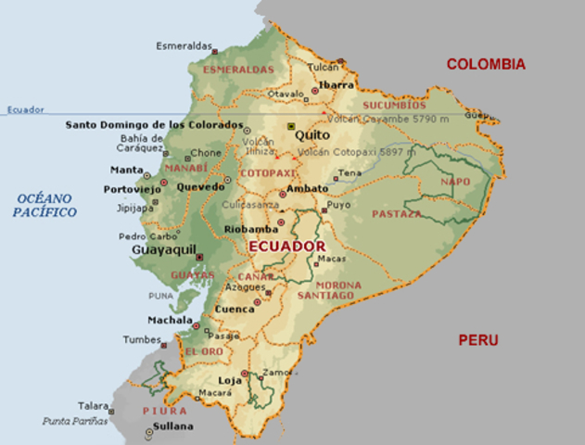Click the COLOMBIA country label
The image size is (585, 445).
point(486,64)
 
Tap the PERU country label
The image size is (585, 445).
point(477,340)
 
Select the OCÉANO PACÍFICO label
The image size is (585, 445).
point(45,205)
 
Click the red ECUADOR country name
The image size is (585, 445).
point(286,246)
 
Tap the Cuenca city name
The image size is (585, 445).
point(234,309)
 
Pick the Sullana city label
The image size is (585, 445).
point(174,426)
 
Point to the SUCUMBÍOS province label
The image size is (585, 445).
point(393,81)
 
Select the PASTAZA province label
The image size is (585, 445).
point(396,213)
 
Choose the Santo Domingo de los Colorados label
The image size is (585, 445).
point(154,124)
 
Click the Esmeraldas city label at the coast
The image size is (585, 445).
point(183,45)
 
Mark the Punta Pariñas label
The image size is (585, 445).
point(75,421)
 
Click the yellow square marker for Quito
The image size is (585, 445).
point(290,125)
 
